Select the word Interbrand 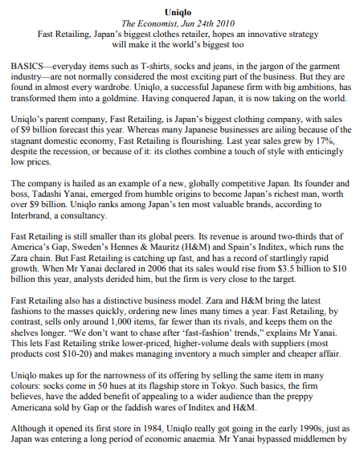(35, 218)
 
